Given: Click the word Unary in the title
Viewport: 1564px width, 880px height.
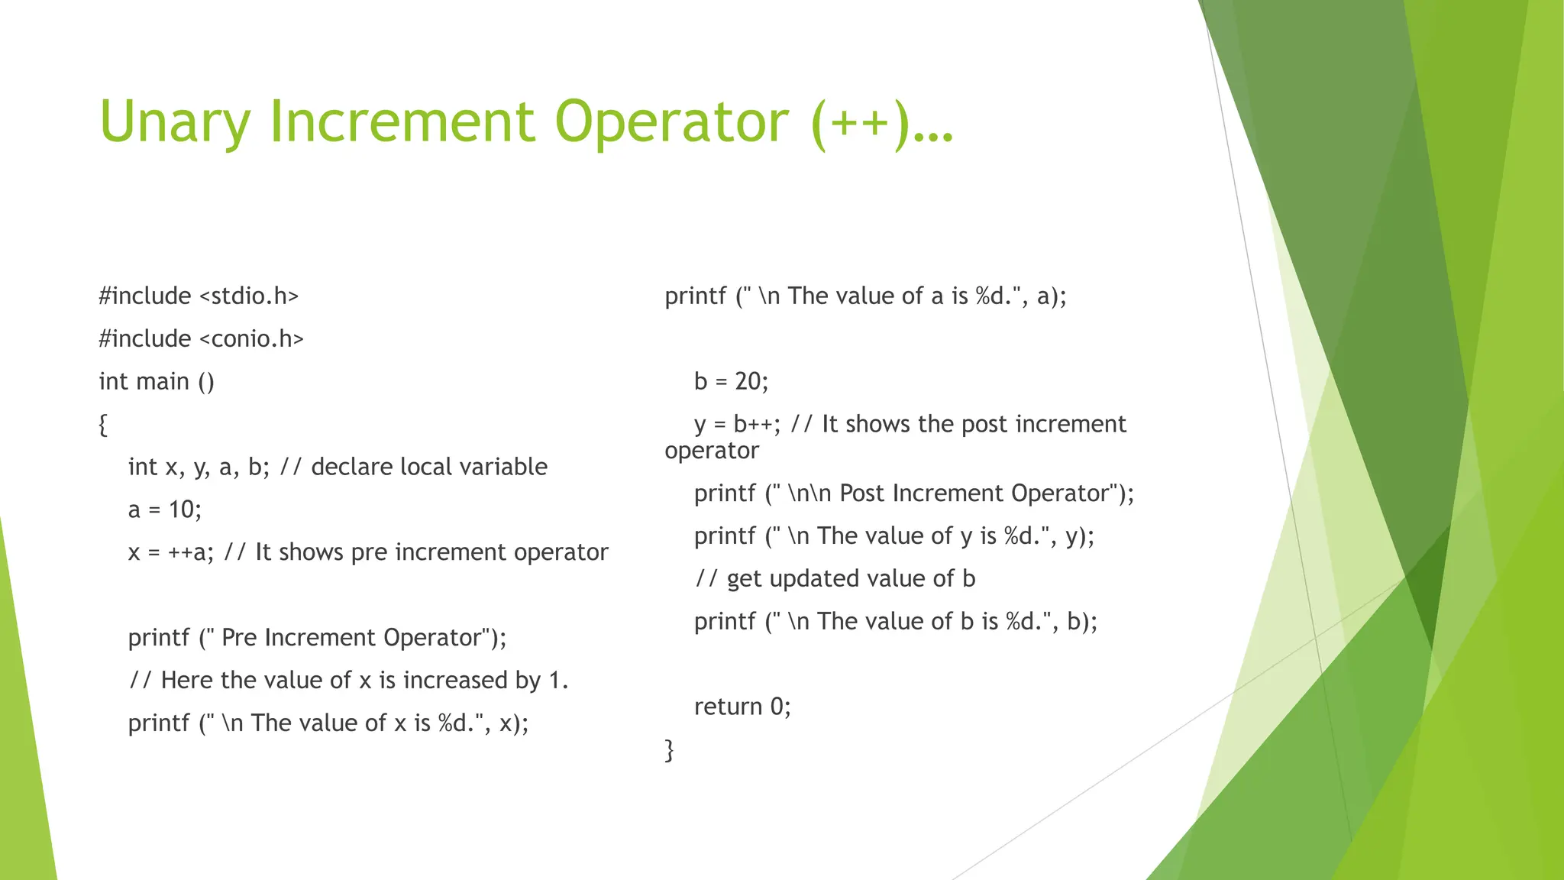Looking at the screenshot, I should click(x=175, y=122).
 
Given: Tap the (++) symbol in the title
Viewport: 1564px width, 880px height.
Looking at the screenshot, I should click(x=861, y=122).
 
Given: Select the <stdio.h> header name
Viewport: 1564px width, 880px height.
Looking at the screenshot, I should click(x=249, y=296).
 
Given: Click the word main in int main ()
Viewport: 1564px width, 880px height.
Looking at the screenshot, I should click(x=164, y=381).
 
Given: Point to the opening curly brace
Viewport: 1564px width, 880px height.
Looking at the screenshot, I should click(x=103, y=425).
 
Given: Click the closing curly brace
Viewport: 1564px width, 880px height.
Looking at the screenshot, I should click(x=670, y=749).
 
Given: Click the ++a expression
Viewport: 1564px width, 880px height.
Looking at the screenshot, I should click(x=188, y=552).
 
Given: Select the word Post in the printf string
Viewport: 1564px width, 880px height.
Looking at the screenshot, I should click(x=862, y=493).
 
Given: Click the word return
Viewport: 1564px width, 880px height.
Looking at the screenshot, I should click(x=728, y=707).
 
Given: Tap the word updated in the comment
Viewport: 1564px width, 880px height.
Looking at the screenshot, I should click(x=818, y=579).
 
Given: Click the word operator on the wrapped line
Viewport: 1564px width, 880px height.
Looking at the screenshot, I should click(x=712, y=451).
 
